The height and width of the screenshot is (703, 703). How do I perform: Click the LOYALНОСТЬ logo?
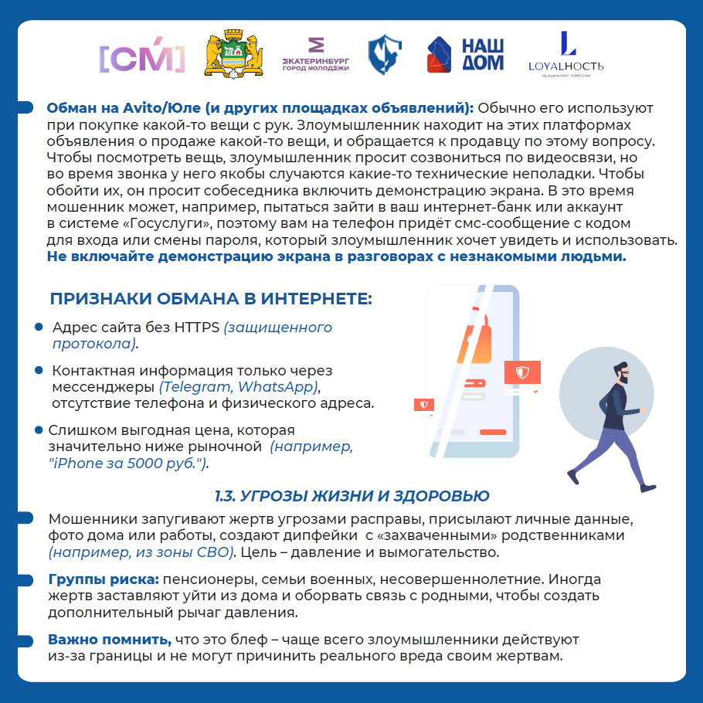[566, 55]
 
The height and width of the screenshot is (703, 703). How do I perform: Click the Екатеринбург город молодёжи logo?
[315, 56]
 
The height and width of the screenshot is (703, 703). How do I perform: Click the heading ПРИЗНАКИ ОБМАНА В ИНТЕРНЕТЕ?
[211, 299]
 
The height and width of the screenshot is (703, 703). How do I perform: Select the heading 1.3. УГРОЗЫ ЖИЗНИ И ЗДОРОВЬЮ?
[351, 495]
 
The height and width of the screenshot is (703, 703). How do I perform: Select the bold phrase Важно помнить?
[110, 640]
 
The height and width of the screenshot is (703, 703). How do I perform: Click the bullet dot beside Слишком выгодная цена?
[39, 430]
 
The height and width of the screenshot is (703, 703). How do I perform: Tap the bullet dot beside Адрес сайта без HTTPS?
[39, 328]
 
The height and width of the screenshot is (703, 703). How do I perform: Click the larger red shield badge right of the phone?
[522, 373]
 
